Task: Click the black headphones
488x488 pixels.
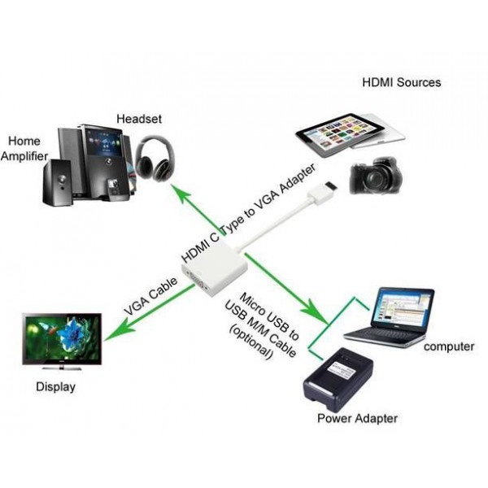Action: (152, 159)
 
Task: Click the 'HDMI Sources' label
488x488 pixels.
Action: (402, 82)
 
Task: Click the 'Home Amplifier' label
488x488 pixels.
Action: (25, 148)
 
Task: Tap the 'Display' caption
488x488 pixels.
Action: (55, 387)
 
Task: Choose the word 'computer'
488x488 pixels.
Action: (449, 346)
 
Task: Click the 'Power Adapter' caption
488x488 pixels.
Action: (358, 419)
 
